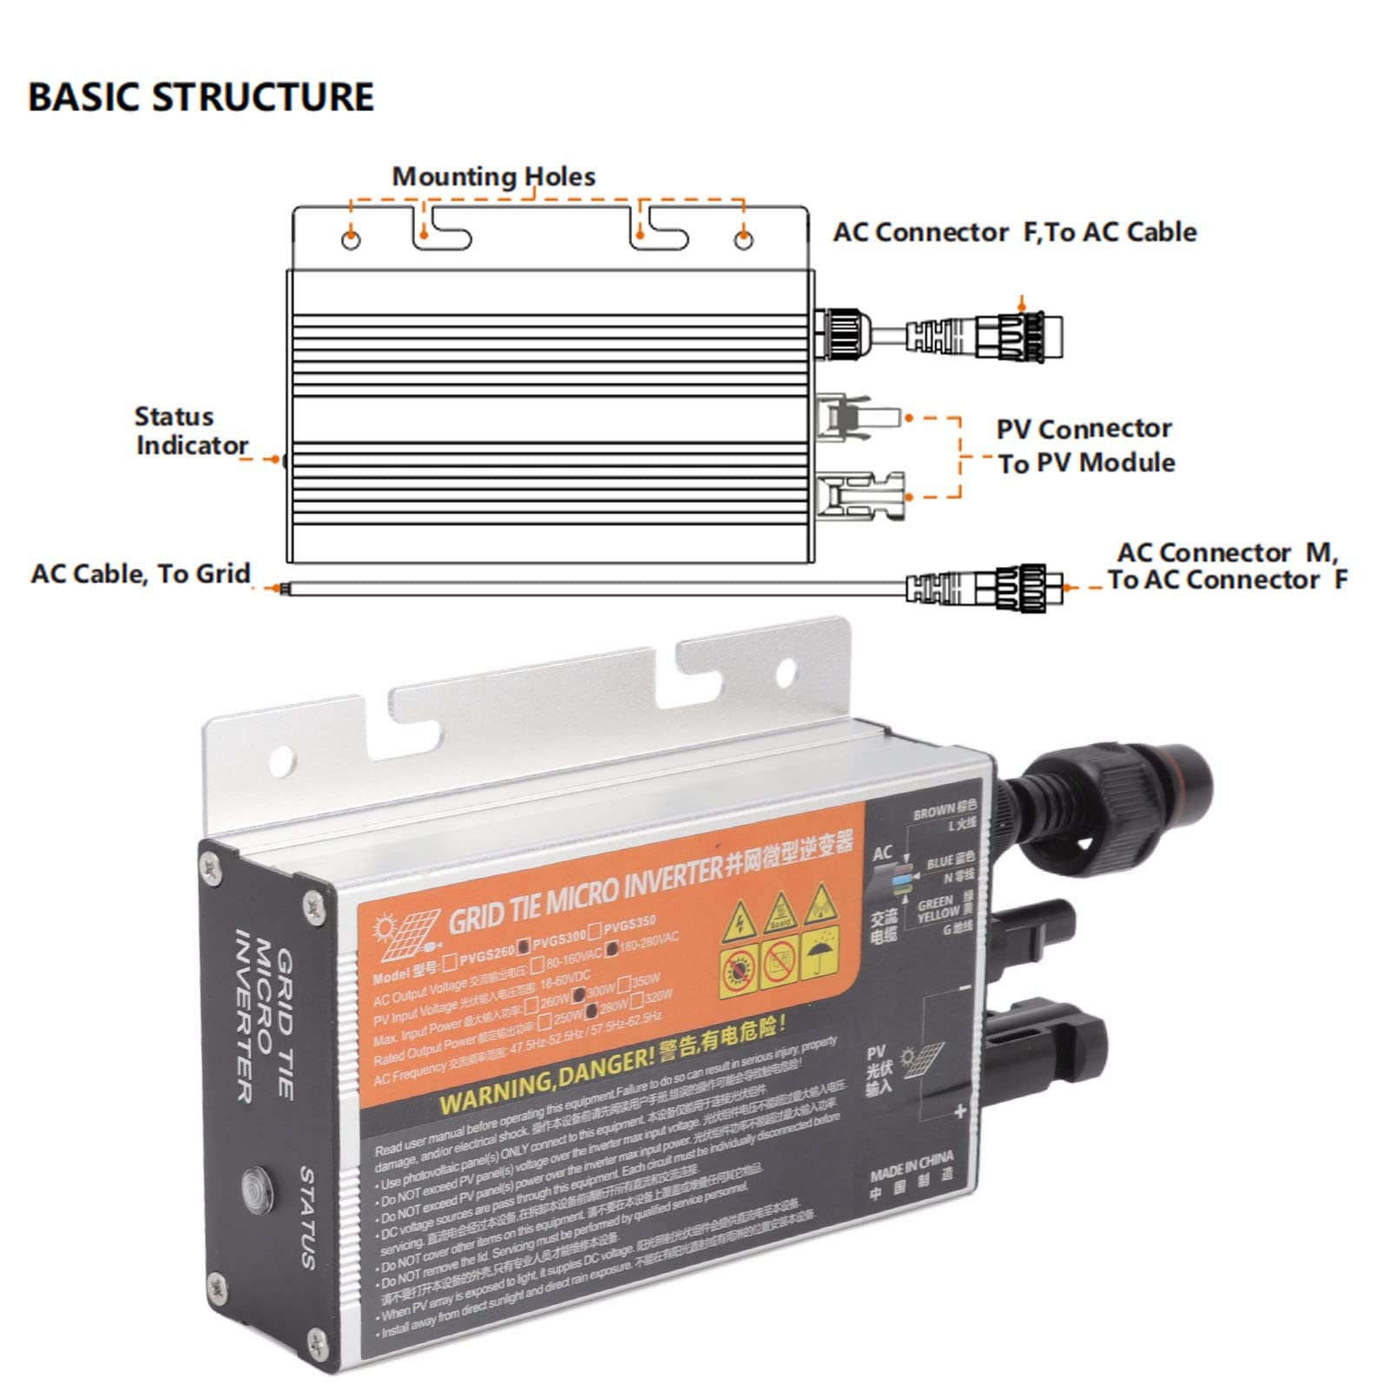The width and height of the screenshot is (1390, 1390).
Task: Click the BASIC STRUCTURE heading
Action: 201,96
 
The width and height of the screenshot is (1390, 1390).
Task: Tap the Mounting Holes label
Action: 493,177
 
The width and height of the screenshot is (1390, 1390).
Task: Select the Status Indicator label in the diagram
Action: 191,431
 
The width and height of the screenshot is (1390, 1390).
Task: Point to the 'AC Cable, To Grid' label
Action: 141,574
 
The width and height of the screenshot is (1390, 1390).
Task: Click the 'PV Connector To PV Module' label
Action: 1085,446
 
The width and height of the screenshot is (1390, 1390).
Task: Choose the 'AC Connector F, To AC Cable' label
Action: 1014,233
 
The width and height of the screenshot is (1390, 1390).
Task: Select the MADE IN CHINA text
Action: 912,1166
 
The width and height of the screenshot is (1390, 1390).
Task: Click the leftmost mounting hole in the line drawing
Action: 351,240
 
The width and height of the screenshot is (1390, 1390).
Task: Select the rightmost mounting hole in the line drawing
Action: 743,240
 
